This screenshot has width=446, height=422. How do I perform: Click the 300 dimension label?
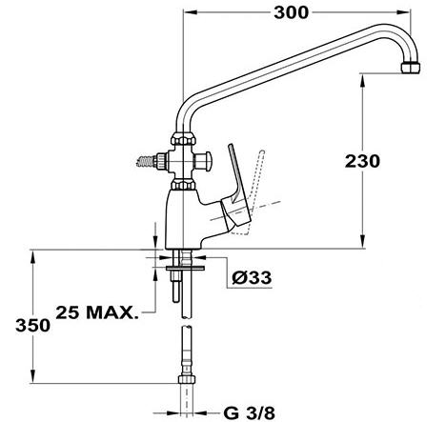pyautogui.click(x=291, y=13)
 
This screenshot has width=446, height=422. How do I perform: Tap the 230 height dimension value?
pyautogui.click(x=362, y=161)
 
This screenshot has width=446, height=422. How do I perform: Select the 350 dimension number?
pyautogui.click(x=32, y=326)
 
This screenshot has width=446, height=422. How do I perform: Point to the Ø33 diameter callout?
pyautogui.click(x=252, y=278)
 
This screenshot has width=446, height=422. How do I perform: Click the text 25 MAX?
pyautogui.click(x=97, y=312)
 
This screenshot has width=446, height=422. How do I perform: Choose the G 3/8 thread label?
pyautogui.click(x=250, y=413)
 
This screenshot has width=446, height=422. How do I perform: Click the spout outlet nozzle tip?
pyautogui.click(x=411, y=68)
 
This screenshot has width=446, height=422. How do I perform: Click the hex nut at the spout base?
pyautogui.click(x=183, y=139)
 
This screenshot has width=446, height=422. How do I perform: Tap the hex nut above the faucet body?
pyautogui.click(x=183, y=185)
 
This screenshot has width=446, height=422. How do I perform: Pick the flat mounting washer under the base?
pyautogui.click(x=185, y=269)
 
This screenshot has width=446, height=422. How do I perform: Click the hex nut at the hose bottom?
pyautogui.click(x=187, y=379)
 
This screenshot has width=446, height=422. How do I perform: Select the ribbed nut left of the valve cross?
pyautogui.click(x=161, y=161)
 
